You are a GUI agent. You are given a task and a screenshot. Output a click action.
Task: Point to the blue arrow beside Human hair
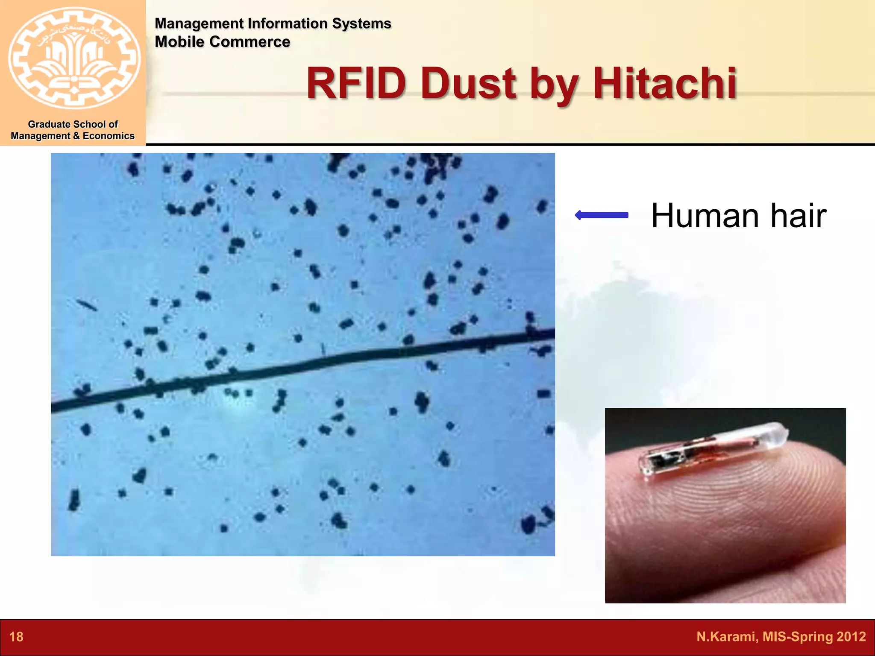602,215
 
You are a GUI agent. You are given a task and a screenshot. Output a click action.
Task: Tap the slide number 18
16,637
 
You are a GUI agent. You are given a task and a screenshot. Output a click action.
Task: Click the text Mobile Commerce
222,42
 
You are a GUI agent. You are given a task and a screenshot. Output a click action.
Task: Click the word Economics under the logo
109,136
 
